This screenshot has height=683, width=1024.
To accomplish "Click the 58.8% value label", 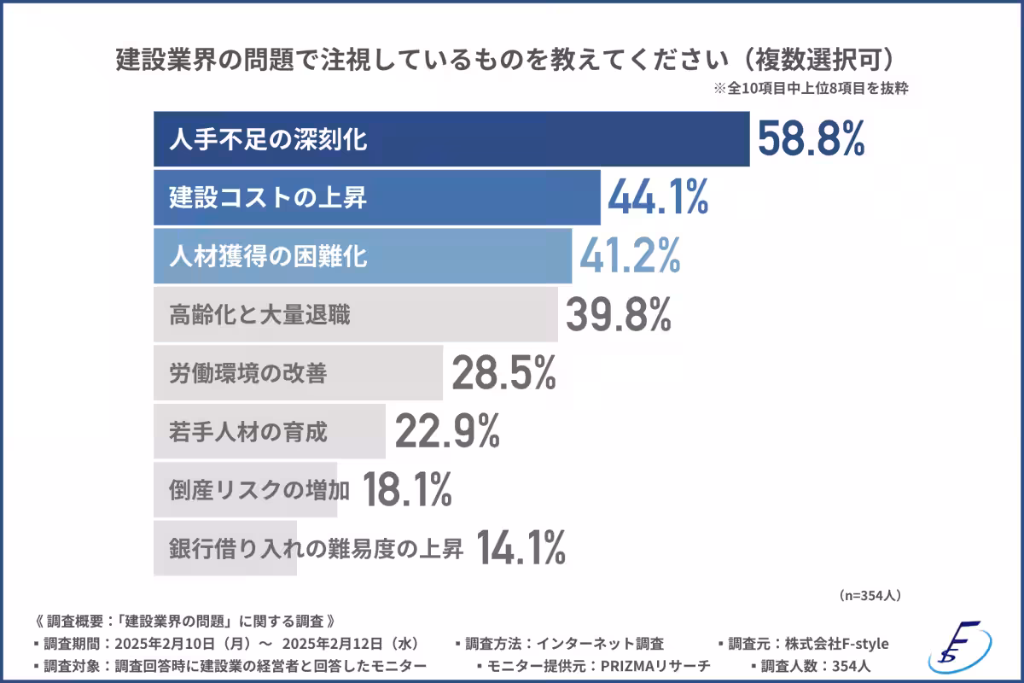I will tap(811, 139).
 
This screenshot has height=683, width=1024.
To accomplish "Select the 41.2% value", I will tap(630, 255).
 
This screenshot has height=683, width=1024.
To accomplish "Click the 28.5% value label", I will tap(503, 372).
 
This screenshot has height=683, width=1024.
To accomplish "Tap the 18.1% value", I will tap(407, 489).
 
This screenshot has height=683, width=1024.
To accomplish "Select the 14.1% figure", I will tap(520, 547).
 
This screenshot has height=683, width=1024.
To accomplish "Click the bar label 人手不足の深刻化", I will tap(268, 140).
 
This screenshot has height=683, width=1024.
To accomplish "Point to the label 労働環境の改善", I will tap(247, 373).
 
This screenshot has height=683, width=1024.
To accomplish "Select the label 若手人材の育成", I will tap(247, 431).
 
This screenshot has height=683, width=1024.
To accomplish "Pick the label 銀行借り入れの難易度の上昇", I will tap(316, 548).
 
